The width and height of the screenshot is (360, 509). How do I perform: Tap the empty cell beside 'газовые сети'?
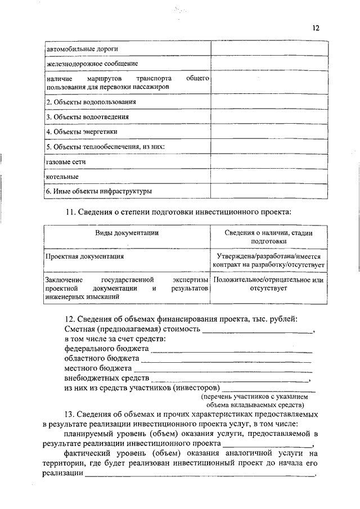[269, 162]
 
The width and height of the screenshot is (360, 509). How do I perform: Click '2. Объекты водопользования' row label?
[91, 102]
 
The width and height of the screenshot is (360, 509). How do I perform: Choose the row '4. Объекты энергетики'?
[82, 132]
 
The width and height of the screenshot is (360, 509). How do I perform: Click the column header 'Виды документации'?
[127, 232]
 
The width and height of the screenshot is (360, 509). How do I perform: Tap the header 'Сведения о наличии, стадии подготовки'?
[269, 236]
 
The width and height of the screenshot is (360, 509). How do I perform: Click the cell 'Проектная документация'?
[85, 256]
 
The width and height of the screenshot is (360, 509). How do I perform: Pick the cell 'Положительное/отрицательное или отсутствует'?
[269, 283]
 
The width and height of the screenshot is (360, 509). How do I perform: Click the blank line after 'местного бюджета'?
[223, 370]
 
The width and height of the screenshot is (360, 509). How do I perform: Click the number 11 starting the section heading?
[70, 213]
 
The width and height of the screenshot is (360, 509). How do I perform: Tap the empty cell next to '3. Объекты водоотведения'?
[269, 117]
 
